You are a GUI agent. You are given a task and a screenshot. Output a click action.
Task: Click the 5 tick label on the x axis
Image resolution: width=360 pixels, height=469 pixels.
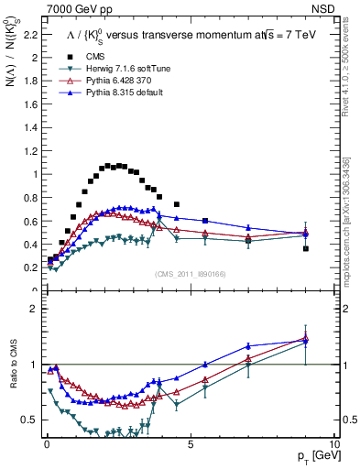(x=190, y=442)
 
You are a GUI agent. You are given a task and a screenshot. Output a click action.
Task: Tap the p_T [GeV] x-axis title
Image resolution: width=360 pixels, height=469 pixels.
(x=313, y=456)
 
